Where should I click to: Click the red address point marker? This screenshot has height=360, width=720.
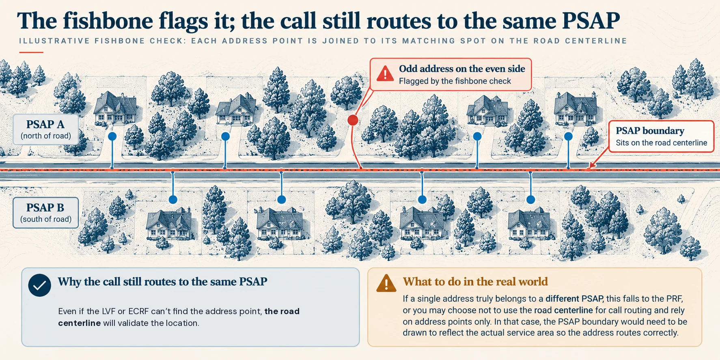point(353,120)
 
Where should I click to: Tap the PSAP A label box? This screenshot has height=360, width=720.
point(45,129)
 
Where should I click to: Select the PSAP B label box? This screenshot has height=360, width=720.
point(45,213)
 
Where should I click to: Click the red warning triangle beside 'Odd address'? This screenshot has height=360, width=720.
point(385,74)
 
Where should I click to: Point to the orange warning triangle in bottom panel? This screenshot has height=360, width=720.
point(386,283)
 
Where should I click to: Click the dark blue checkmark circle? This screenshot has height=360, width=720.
point(39,285)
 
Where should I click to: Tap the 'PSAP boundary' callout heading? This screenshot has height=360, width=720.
point(650,131)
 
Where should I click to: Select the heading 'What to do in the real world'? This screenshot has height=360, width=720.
point(475,282)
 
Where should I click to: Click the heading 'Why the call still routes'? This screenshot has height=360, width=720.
point(162,282)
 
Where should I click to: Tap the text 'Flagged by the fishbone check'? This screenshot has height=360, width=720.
point(455,81)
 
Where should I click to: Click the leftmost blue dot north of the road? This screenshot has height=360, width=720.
point(112,136)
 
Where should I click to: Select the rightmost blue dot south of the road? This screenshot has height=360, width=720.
point(530,200)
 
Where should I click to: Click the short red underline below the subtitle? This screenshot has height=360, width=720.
point(31,52)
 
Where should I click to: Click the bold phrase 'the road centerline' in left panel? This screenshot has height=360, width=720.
point(179,317)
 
